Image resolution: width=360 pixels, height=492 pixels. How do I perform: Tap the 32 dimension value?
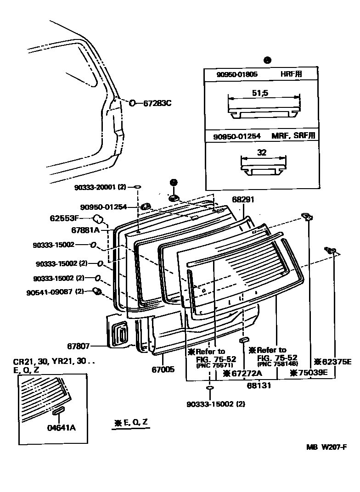(x=261, y=153)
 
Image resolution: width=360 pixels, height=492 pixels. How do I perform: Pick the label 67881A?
(x=85, y=229)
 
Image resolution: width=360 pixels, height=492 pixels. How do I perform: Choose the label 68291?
(x=243, y=200)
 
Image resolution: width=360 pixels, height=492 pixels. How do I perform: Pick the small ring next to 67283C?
(x=132, y=103)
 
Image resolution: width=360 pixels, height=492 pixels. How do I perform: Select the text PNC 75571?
(x=214, y=366)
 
